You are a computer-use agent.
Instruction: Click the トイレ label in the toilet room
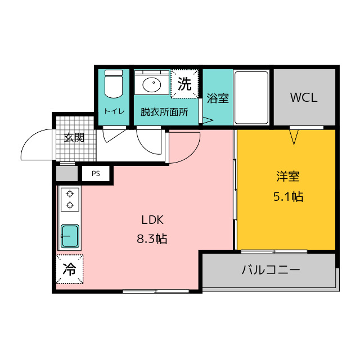114,111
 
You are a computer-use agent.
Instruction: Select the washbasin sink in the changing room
151,85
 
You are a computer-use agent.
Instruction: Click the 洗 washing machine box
184,84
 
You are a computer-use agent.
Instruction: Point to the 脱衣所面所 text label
164,111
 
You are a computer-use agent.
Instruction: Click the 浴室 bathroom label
218,98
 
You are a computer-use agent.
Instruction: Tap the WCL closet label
304,97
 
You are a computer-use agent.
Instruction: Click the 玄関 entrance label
74,137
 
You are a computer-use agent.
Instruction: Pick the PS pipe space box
96,174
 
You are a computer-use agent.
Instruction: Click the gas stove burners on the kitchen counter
70,199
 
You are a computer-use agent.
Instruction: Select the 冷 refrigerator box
69,268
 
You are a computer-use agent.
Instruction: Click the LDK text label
152,220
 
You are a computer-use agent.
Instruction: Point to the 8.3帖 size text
152,238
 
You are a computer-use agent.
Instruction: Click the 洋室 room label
287,177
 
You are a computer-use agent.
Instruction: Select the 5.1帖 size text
287,196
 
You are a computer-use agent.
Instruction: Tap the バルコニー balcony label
271,269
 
